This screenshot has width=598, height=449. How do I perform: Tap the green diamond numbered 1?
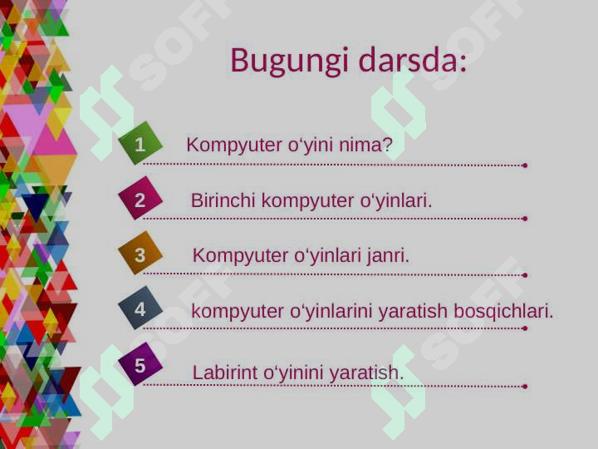140,145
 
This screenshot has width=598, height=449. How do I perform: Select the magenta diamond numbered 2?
140,200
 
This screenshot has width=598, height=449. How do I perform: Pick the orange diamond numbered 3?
140,255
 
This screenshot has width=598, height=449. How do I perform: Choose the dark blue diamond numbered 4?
140,309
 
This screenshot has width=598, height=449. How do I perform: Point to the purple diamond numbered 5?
140,365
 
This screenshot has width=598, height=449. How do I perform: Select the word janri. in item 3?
388,256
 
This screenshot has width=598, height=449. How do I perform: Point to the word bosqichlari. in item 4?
503,312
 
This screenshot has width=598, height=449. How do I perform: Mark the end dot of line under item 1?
525,165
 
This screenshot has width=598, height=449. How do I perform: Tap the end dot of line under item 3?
525,274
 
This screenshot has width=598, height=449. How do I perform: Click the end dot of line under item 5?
525,386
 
